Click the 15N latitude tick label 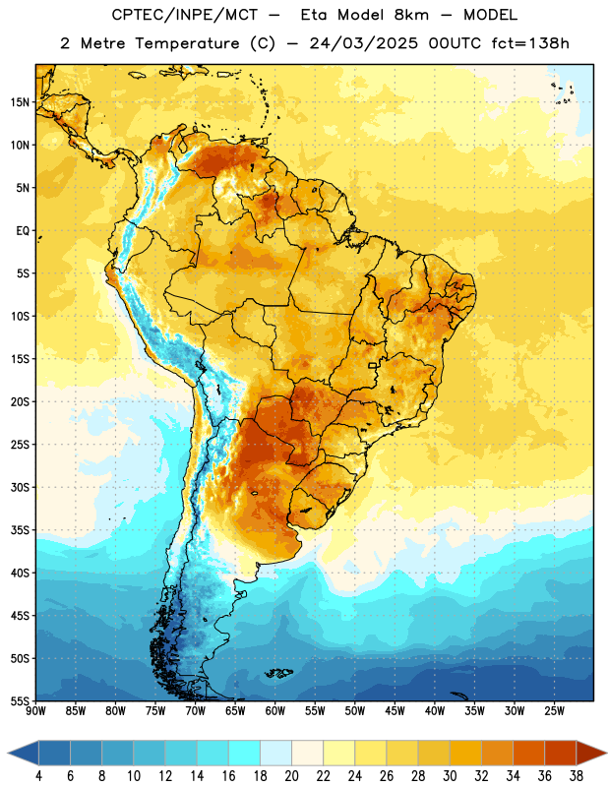(x=20, y=102)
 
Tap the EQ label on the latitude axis (x=23, y=231)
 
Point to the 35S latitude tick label (x=20, y=530)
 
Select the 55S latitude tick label (x=20, y=701)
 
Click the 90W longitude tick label (x=35, y=711)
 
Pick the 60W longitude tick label (x=275, y=711)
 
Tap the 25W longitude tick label (x=554, y=711)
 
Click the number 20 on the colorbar (x=291, y=776)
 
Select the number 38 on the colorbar (x=577, y=776)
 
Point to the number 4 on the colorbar (x=38, y=776)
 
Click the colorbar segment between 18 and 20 (x=275, y=754)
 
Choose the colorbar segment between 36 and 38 (x=561, y=754)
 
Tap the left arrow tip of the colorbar (x=8, y=754)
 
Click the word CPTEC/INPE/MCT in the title (x=184, y=15)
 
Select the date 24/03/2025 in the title (x=363, y=43)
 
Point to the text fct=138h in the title (x=530, y=43)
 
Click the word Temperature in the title (x=187, y=43)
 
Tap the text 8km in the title (x=411, y=15)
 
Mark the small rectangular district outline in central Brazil (x=373, y=366)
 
